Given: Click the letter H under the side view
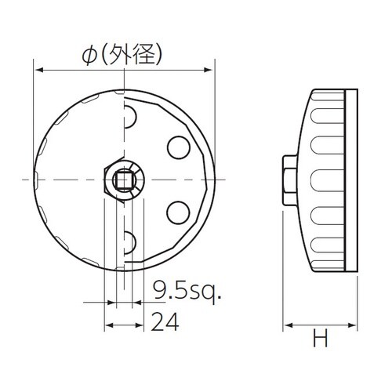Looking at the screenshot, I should pos(320,339).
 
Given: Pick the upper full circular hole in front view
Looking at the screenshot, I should pos(178,147).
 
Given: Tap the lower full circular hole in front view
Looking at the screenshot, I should pos(178,212).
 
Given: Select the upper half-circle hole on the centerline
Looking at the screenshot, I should pos(129,118).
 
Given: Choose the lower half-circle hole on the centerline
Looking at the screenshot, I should pos(129,239).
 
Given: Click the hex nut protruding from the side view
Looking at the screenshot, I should pos(289,180).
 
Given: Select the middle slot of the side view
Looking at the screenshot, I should pos(323,180).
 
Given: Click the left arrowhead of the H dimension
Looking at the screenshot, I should pos(287,325).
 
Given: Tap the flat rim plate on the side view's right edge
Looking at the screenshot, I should pos(354,180).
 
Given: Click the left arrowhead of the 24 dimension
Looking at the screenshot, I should pos(109,325).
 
